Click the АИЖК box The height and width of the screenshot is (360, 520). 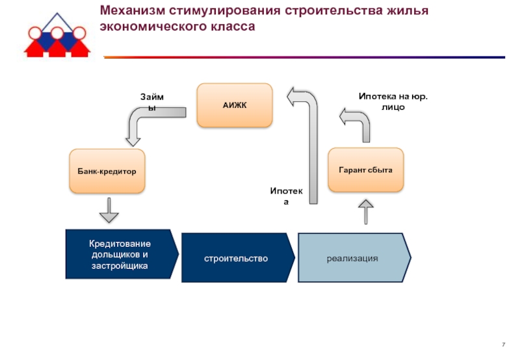[x=235, y=105]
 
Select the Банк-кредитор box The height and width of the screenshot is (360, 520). [x=107, y=171]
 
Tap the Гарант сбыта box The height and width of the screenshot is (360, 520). [x=366, y=170]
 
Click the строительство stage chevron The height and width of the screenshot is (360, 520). [x=238, y=257]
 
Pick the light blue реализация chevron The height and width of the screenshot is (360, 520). [x=354, y=257]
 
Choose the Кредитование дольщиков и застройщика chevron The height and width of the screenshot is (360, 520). [x=122, y=254]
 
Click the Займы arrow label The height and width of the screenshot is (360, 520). [x=152, y=102]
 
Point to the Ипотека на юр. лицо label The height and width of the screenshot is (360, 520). [x=393, y=101]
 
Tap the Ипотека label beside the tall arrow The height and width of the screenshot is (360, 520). [x=286, y=196]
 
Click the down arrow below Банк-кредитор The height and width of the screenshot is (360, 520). [x=109, y=210]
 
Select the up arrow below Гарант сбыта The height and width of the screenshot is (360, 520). [x=366, y=212]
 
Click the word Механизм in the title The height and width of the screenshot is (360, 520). [x=133, y=10]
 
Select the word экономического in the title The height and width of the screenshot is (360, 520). [x=153, y=27]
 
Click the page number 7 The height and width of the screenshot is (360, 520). [x=503, y=344]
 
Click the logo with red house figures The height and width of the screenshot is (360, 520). [x=57, y=36]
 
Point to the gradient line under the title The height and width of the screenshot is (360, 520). [x=304, y=57]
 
